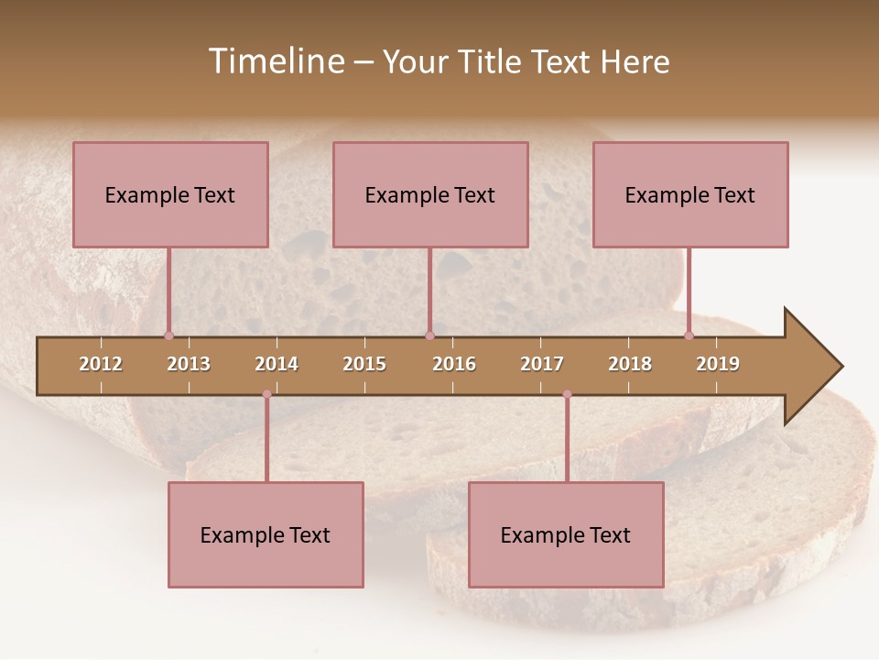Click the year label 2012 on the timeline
click(101, 364)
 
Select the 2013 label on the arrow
click(189, 364)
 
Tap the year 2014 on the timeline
click(277, 364)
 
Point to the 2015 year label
click(364, 364)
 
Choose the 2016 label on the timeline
click(454, 364)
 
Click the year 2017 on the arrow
click(542, 364)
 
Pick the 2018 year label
click(630, 364)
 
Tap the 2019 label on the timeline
click(718, 364)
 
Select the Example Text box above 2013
click(170, 194)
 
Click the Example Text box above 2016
click(430, 194)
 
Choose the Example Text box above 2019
click(690, 194)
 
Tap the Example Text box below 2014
click(266, 534)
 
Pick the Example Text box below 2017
click(566, 534)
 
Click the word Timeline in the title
click(275, 61)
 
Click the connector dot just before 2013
click(168, 335)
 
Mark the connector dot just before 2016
click(430, 335)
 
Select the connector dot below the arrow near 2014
click(266, 394)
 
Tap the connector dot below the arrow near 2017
click(567, 394)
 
